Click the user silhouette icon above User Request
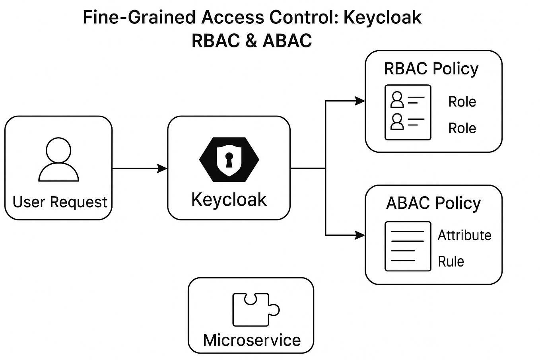pyautogui.click(x=58, y=160)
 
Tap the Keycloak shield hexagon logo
pyautogui.click(x=229, y=160)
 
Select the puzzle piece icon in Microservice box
pyautogui.click(x=256, y=309)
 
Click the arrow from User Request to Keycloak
pyautogui.click(x=140, y=168)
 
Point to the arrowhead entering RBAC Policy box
pyautogui.click(x=360, y=101)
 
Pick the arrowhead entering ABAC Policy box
pyautogui.click(x=360, y=235)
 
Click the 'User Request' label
pyautogui.click(x=60, y=202)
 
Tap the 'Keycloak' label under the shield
pyautogui.click(x=229, y=200)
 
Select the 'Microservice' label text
pyautogui.click(x=252, y=340)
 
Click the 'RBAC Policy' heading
pyautogui.click(x=431, y=69)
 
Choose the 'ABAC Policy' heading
pyautogui.click(x=433, y=203)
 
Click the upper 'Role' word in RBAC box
pyautogui.click(x=462, y=101)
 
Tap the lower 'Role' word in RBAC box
pyautogui.click(x=462, y=128)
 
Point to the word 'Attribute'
pyautogui.click(x=464, y=235)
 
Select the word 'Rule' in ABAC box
pyautogui.click(x=451, y=261)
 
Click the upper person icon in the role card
pyautogui.click(x=397, y=99)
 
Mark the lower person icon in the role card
pyautogui.click(x=397, y=122)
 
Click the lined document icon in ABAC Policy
pyautogui.click(x=408, y=246)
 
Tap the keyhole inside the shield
pyautogui.click(x=229, y=160)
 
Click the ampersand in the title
pyautogui.click(x=252, y=41)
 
